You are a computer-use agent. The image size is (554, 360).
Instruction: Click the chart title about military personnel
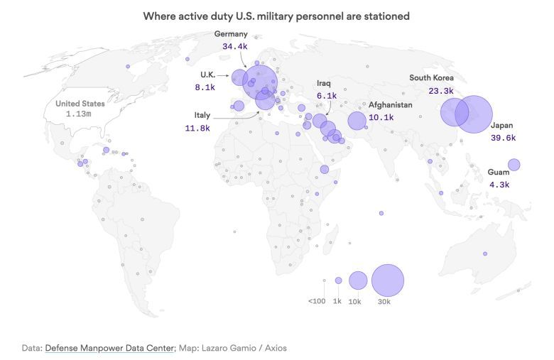coord(276,15)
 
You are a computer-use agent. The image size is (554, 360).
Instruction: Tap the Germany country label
coord(231,34)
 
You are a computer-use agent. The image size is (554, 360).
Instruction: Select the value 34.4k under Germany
coord(234,46)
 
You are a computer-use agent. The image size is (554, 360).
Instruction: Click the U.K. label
coord(207,75)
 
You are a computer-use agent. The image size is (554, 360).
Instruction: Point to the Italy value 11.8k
coord(197,129)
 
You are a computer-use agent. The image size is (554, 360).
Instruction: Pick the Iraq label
coord(324,83)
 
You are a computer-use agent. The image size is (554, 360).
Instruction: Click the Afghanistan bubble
coord(357,121)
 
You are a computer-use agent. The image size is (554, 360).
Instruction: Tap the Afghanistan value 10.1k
coord(381,118)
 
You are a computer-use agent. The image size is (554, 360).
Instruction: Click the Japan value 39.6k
coord(503,138)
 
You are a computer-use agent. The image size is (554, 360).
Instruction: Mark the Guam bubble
coord(514,165)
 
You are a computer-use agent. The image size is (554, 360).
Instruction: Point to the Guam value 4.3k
coord(499,185)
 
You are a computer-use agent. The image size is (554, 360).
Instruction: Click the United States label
coord(80,104)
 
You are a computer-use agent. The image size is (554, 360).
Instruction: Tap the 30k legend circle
coord(387,280)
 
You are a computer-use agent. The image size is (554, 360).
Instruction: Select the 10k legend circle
coord(358,280)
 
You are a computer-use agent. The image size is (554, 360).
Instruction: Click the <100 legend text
coord(317,301)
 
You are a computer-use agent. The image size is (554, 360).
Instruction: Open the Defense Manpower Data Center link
coord(109,348)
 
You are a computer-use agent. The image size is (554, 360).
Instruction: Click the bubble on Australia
coord(485,253)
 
